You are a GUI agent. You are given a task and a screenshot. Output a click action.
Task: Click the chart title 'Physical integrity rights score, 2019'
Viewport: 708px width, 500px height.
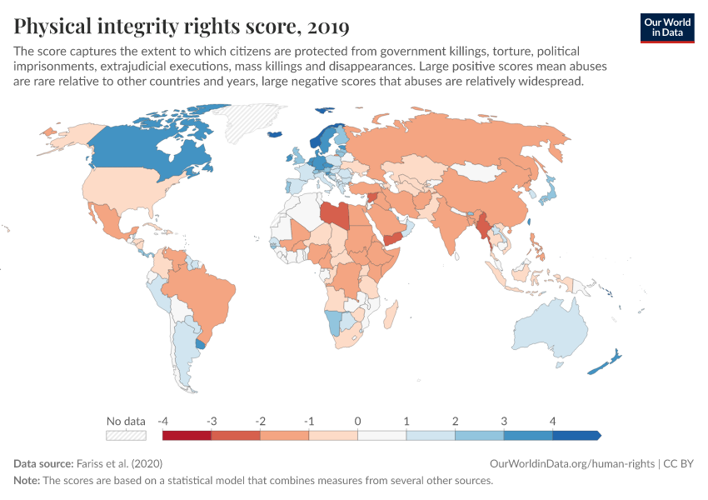click(x=182, y=27)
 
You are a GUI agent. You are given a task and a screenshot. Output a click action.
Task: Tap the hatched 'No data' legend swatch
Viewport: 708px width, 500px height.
click(x=126, y=435)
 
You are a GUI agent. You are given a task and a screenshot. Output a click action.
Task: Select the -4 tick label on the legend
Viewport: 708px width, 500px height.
click(x=164, y=421)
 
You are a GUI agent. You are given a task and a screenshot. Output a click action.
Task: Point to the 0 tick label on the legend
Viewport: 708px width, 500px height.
click(x=357, y=421)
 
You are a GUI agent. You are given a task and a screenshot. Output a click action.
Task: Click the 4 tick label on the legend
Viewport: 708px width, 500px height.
click(x=551, y=421)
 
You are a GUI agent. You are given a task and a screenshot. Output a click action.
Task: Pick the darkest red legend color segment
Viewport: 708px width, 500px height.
click(x=187, y=435)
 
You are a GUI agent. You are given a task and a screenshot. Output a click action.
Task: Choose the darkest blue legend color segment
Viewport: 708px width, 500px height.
click(x=576, y=435)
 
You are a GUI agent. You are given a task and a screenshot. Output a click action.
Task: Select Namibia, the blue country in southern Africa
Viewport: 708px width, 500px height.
click(x=332, y=322)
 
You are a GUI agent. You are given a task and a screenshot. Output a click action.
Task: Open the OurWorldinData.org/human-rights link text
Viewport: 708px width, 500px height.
click(x=570, y=463)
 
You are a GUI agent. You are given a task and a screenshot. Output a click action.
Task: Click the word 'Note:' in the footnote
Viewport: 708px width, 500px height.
click(x=27, y=481)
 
